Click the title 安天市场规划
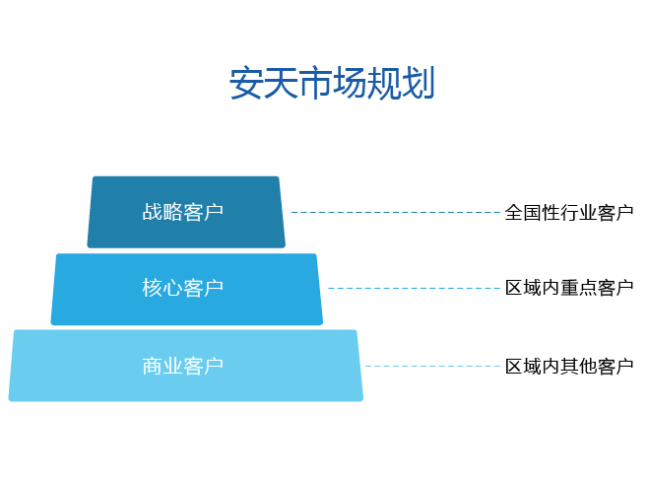(x=332, y=83)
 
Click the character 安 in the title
(x=246, y=83)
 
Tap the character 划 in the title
(x=418, y=83)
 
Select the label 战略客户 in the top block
(x=182, y=212)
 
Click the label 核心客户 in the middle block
(x=182, y=288)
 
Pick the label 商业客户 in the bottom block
(x=182, y=366)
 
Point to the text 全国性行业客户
(x=569, y=213)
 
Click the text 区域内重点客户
(x=569, y=288)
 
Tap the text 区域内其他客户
(x=569, y=367)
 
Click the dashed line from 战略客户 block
(x=396, y=212)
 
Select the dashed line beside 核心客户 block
(x=414, y=288)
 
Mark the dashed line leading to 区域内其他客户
(x=432, y=366)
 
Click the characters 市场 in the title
(x=332, y=83)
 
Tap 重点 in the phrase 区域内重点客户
(x=578, y=288)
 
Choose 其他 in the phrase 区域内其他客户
(x=578, y=367)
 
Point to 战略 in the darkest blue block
(x=162, y=212)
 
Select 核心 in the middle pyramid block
(x=162, y=288)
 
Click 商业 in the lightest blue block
(x=162, y=366)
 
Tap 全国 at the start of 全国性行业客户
(x=523, y=213)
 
